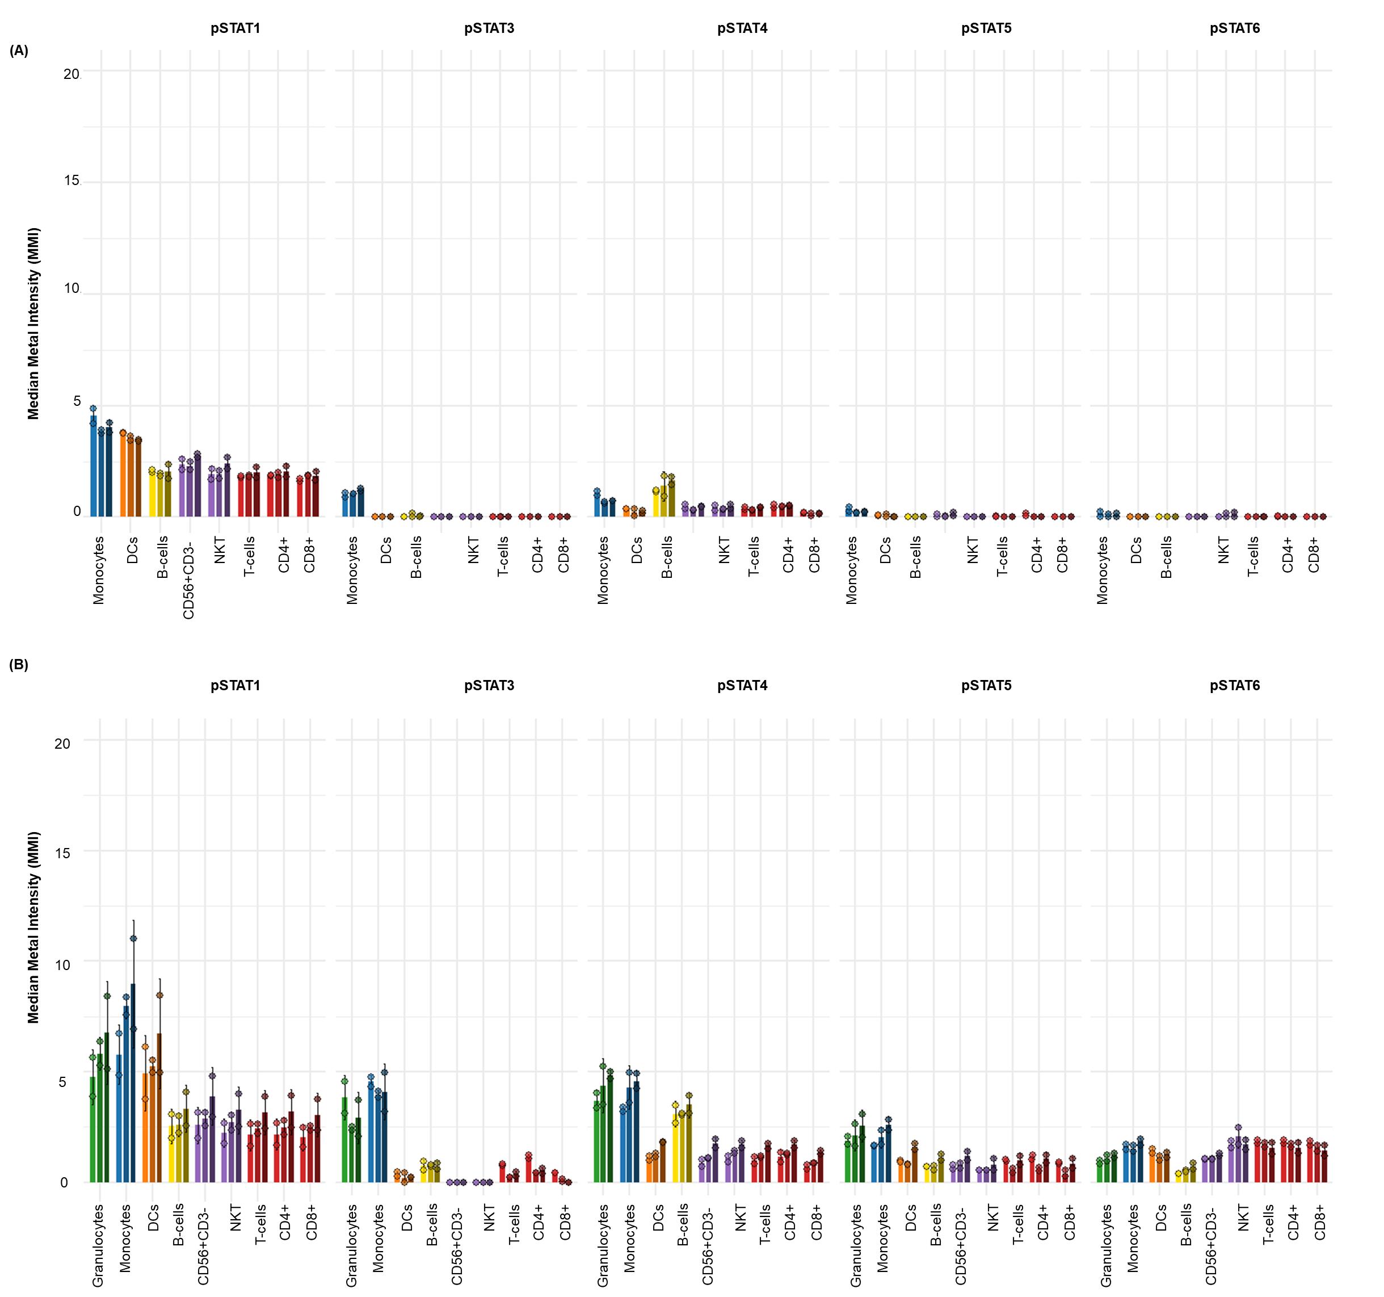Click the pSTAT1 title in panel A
click(235, 28)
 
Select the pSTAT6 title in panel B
click(1234, 686)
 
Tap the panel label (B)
click(19, 665)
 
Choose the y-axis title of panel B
click(34, 927)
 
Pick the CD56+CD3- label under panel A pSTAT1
click(188, 577)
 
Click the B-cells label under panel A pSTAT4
click(666, 557)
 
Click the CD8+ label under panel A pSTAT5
click(1062, 555)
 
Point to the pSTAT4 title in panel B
click(742, 686)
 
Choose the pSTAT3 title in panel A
click(489, 28)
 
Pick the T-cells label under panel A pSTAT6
click(1252, 557)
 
